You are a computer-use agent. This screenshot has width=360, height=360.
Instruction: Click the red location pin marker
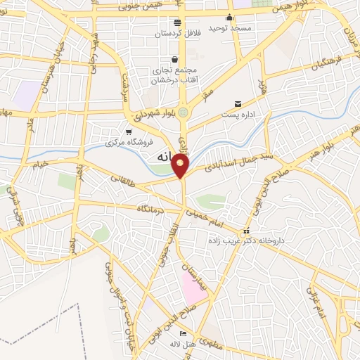(181, 166)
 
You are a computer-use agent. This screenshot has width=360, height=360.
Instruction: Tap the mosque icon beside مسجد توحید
(229, 18)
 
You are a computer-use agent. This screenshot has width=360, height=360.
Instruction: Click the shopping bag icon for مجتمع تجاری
(175, 60)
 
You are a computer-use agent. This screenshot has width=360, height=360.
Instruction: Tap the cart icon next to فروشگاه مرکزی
(128, 132)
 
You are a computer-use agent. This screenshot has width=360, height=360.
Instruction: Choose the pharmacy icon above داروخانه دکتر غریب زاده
(245, 231)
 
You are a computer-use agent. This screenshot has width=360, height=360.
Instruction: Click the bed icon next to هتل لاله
(184, 333)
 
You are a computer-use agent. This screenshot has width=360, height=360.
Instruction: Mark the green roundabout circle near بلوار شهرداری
(183, 112)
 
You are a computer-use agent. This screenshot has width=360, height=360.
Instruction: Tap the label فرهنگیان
(329, 63)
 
